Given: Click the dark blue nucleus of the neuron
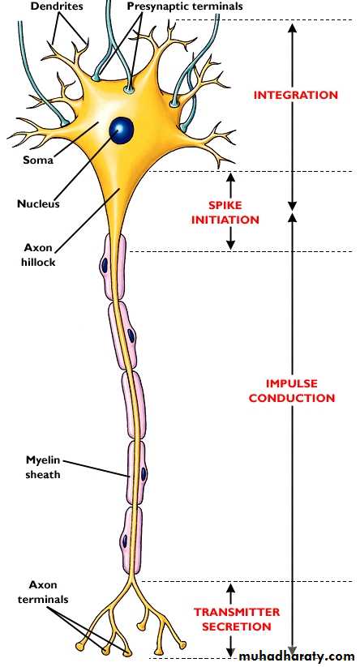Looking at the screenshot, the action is click(x=122, y=130).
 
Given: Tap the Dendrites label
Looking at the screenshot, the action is click(x=57, y=6).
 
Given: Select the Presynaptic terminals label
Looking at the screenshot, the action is click(x=185, y=6).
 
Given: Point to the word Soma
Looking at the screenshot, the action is click(x=38, y=160).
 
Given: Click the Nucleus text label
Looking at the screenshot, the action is click(x=38, y=203).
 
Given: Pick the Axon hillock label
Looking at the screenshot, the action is click(x=39, y=254).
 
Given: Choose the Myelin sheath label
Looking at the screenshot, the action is click(x=43, y=467).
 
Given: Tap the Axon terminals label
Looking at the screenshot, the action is click(x=49, y=592).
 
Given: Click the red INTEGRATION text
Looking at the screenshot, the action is click(x=296, y=95).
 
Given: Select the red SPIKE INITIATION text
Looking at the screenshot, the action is click(x=225, y=212).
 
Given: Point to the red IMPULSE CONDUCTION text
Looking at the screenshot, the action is click(x=292, y=391).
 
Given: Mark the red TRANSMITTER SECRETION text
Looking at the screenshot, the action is click(x=237, y=619).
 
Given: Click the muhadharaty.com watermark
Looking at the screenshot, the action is click(x=297, y=656).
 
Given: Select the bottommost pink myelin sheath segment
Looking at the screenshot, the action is click(x=131, y=540).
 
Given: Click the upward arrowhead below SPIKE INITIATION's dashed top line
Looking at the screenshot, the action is click(x=230, y=177).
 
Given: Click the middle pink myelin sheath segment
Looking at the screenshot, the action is click(x=134, y=405).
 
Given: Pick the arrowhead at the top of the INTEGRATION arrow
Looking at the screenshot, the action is click(x=292, y=29).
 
